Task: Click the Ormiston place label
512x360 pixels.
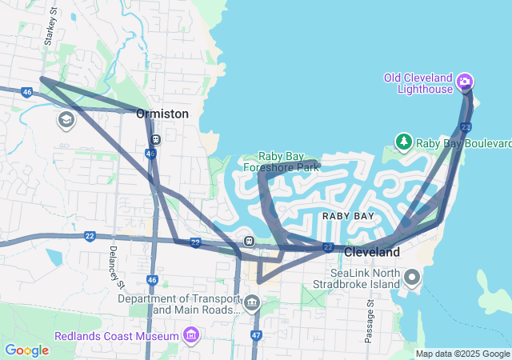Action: pyautogui.click(x=162, y=114)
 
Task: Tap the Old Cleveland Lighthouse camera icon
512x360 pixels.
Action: pyautogui.click(x=465, y=82)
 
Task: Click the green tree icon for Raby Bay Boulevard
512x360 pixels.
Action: pyautogui.click(x=404, y=142)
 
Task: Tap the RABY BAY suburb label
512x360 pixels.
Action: pyautogui.click(x=348, y=216)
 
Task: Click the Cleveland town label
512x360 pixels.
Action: pyautogui.click(x=371, y=252)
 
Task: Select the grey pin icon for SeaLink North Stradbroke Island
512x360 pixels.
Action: pyautogui.click(x=412, y=278)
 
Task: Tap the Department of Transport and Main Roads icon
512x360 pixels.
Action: pyautogui.click(x=252, y=302)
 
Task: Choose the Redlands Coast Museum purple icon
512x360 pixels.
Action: pyautogui.click(x=191, y=333)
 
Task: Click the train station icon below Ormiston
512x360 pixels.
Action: pyautogui.click(x=155, y=138)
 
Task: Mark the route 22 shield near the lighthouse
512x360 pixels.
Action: pyautogui.click(x=466, y=128)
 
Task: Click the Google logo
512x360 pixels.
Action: pyautogui.click(x=26, y=350)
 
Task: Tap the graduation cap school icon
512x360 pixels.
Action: pyautogui.click(x=66, y=121)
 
